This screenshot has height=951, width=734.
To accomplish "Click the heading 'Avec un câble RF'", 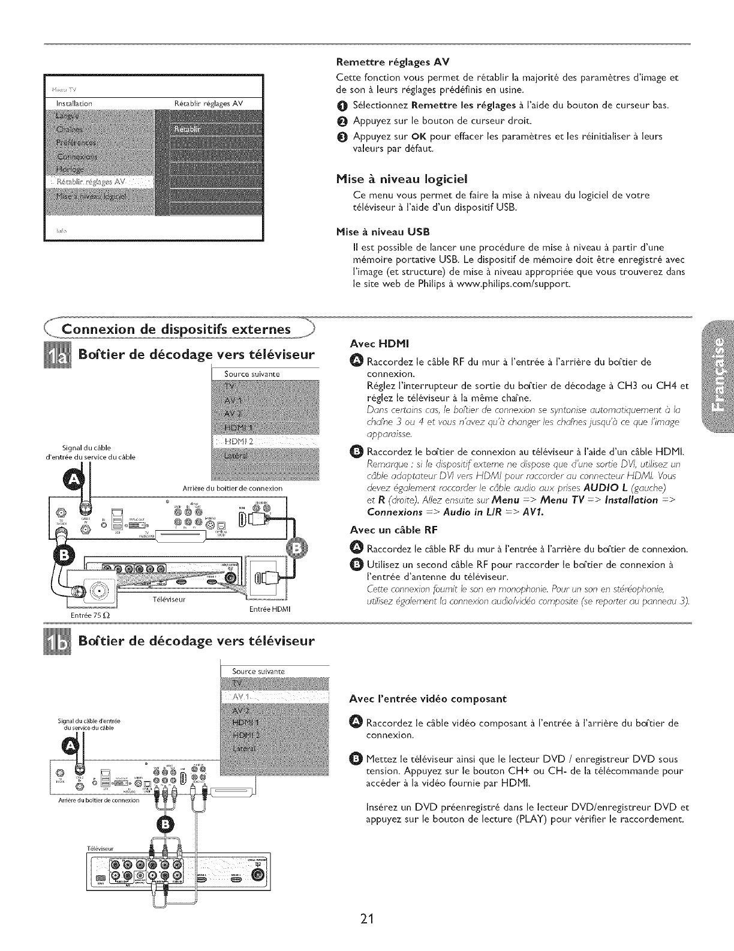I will pyautogui.click(x=393, y=530).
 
